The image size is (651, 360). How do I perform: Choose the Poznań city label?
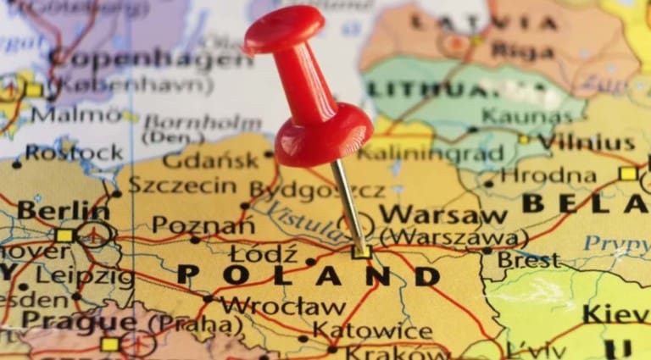click(203, 225)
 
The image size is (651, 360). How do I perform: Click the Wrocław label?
click(283, 306)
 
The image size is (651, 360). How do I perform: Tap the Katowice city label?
click(372, 330)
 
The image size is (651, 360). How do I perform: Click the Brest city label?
click(528, 259)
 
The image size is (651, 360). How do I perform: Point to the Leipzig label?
click(84, 276)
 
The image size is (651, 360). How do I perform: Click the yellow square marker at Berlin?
click(64, 235)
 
